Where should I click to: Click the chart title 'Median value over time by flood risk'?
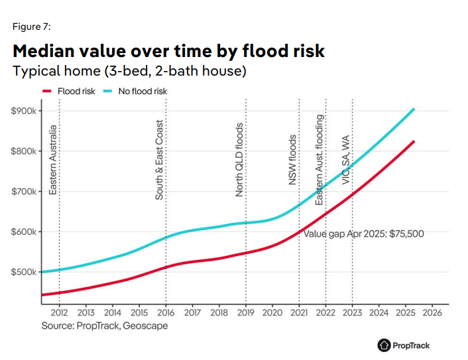[168, 51]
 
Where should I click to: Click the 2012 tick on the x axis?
[60, 312]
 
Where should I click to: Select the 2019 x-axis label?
[246, 312]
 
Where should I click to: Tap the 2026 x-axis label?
[432, 312]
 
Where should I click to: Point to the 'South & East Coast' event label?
[160, 160]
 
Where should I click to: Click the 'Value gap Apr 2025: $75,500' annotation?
[363, 233]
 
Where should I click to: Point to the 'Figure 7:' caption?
[32, 27]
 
